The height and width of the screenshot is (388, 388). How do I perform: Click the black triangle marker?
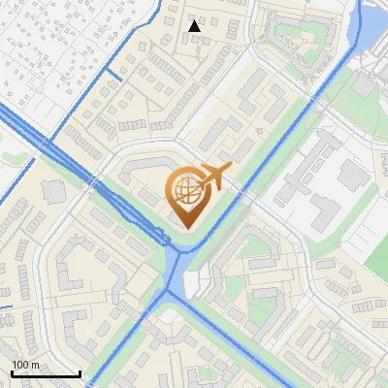pyautogui.click(x=195, y=26)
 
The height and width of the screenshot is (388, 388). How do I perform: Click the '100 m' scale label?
pyautogui.click(x=26, y=365)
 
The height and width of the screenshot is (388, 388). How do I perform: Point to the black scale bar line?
pyautogui.click(x=46, y=373)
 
